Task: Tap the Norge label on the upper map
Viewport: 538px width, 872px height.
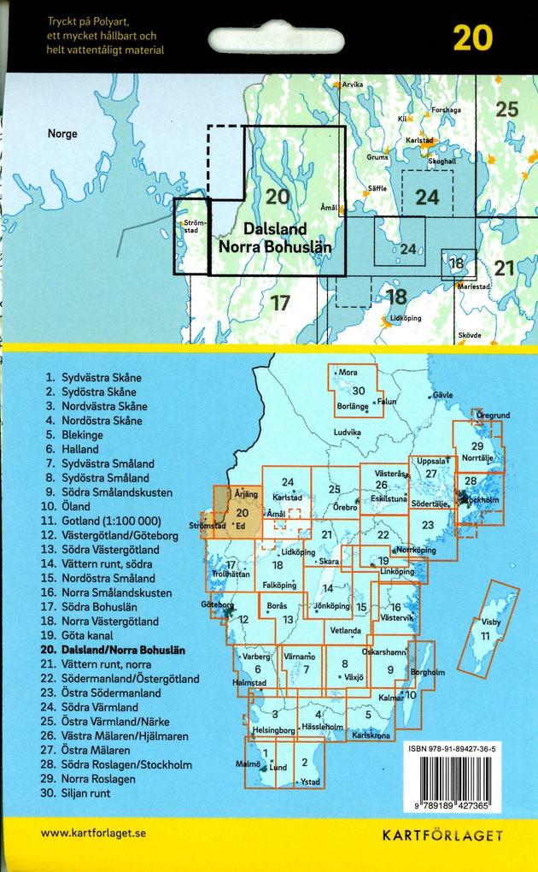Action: click(x=62, y=134)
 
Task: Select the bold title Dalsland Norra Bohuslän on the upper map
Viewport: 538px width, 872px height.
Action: click(x=275, y=238)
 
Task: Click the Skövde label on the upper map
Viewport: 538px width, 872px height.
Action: click(x=470, y=335)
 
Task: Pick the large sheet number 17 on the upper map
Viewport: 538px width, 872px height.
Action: click(x=280, y=302)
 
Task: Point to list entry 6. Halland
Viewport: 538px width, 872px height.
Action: click(x=74, y=450)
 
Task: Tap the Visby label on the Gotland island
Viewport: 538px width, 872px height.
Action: click(x=492, y=622)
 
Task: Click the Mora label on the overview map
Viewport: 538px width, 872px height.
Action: click(x=348, y=373)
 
